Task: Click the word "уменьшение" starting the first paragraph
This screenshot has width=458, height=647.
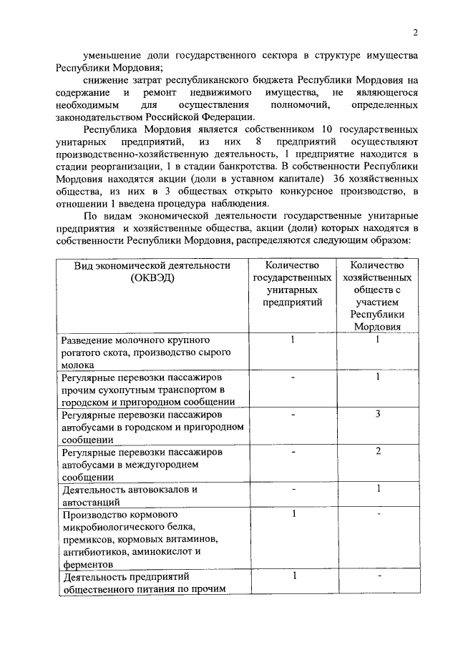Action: coord(112,55)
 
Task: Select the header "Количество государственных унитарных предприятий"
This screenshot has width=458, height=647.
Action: coord(292,284)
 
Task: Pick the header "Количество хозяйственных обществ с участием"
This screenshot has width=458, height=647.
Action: coord(376,290)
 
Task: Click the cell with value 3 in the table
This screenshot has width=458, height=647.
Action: coord(377,414)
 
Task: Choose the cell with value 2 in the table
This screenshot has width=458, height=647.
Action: coord(377,451)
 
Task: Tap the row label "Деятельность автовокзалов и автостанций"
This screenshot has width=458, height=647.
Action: coord(129,495)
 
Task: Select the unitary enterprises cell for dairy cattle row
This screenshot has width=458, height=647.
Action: coord(292,340)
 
